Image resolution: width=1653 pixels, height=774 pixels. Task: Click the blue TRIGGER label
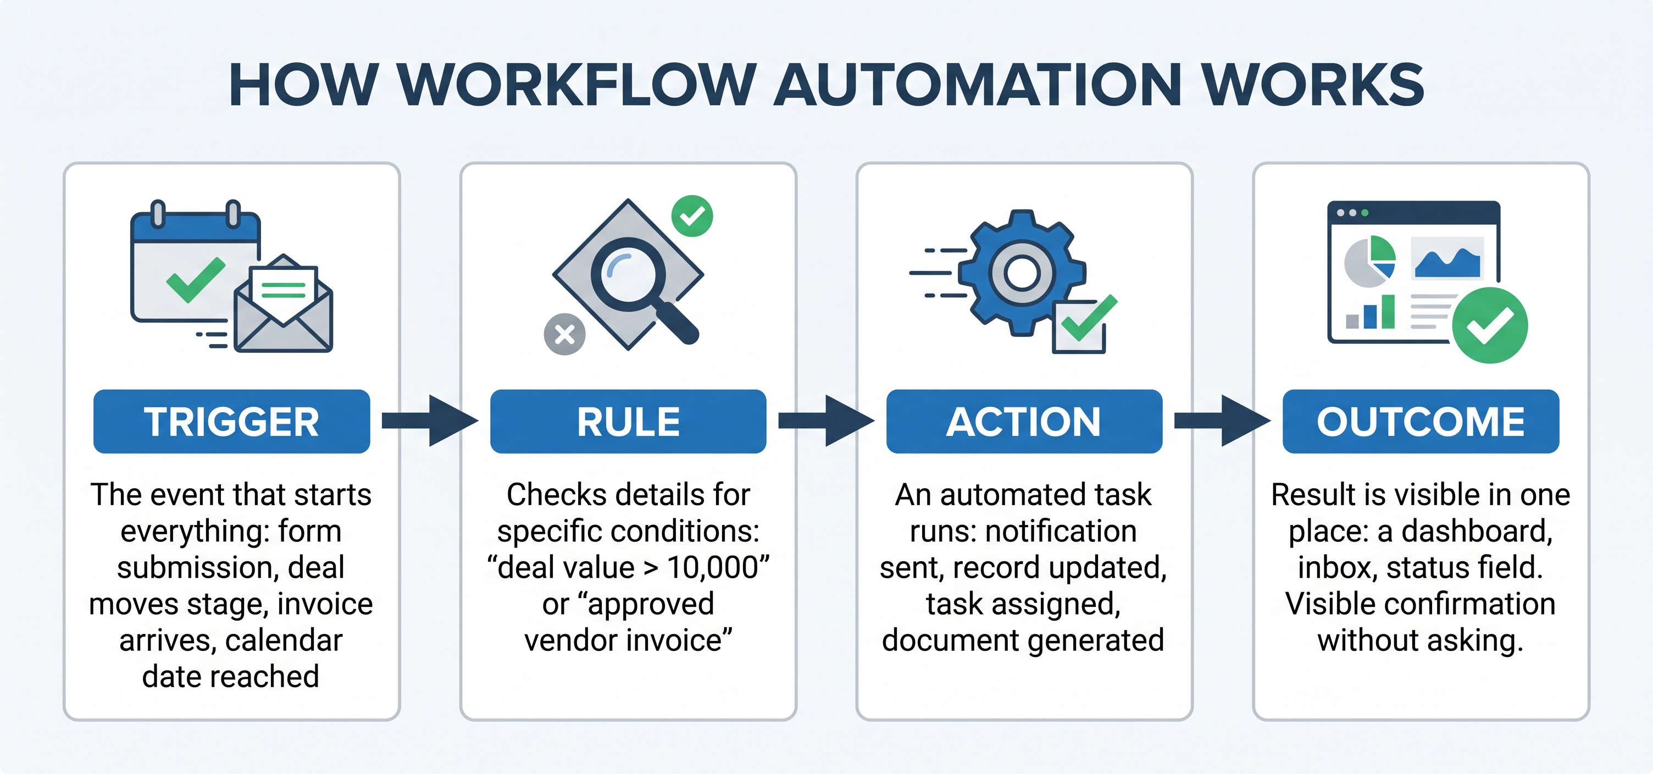232,421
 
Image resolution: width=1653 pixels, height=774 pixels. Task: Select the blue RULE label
628,421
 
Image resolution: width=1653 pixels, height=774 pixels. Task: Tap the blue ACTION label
1024,421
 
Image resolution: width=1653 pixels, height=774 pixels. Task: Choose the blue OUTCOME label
1421,421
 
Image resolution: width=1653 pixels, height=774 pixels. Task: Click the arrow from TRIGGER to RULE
430,421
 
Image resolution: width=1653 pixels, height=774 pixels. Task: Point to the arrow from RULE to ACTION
826,421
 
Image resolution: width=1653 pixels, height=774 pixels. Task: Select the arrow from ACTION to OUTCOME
1222,421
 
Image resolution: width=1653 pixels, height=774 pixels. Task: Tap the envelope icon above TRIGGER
283,303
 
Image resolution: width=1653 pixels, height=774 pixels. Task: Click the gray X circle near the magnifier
565,334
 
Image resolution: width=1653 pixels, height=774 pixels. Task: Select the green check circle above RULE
692,216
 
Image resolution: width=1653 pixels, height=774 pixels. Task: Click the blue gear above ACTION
1022,273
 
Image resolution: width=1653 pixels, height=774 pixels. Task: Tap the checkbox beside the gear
1079,327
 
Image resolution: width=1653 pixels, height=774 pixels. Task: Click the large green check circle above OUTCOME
1490,325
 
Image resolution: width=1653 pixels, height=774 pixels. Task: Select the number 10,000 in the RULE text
712,567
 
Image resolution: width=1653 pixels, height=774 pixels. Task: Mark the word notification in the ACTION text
1061,532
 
